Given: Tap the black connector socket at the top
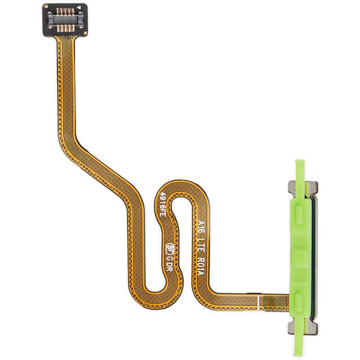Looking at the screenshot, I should point(64,19).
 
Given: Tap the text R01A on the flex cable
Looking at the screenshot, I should point(201,267).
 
